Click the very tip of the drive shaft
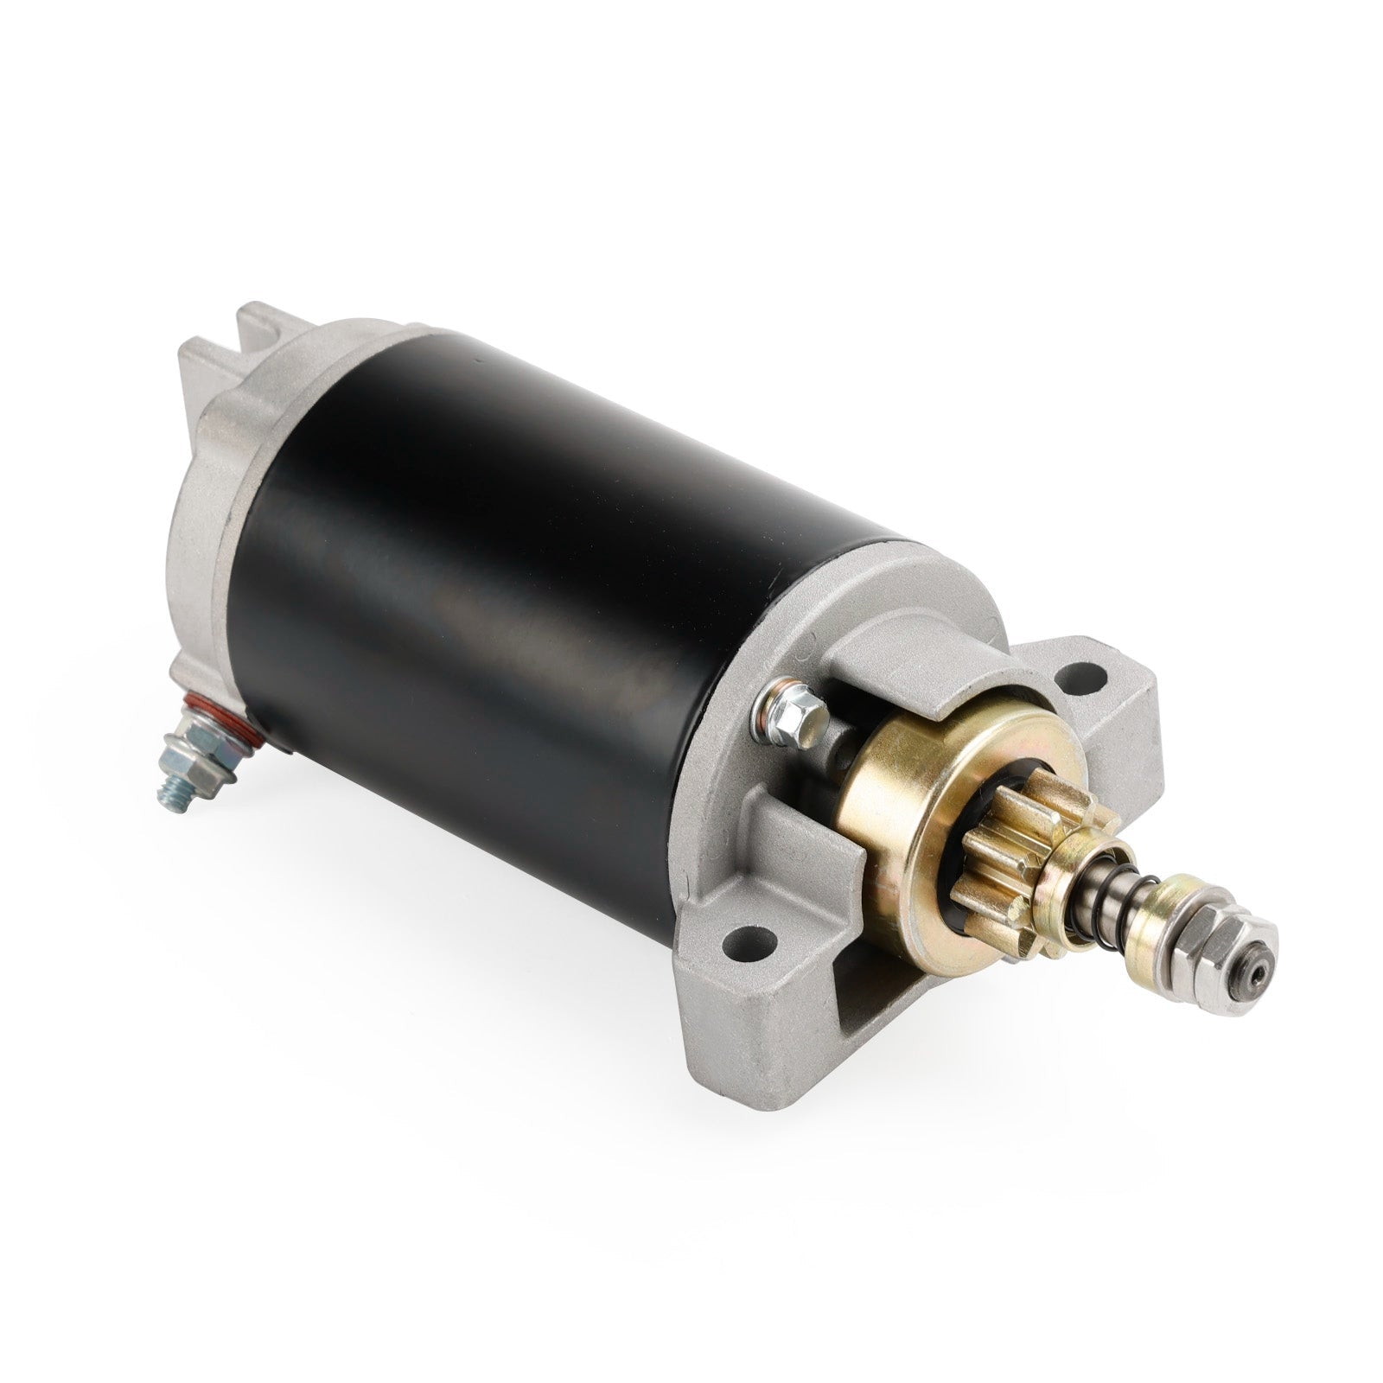click(1260, 971)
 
